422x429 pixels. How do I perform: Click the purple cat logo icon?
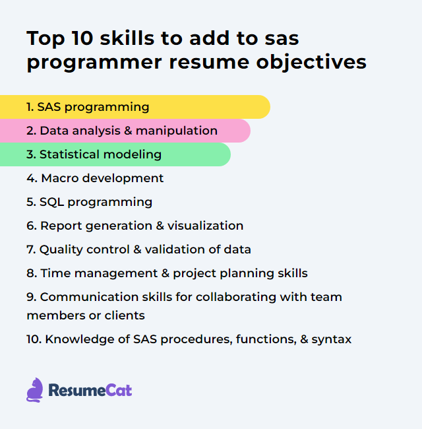(35, 390)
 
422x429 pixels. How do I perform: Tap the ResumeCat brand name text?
(90, 390)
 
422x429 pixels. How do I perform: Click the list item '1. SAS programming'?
(88, 107)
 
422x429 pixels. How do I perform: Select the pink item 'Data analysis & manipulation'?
(122, 131)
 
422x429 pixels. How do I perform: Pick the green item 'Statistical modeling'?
(94, 154)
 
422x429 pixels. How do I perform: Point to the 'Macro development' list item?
(95, 178)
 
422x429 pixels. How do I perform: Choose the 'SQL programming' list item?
(89, 202)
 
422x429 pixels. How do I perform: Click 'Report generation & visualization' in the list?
(135, 226)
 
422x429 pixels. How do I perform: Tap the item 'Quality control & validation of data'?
(138, 249)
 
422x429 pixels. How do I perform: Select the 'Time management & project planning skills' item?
(167, 273)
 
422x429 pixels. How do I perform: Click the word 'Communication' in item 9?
(84, 297)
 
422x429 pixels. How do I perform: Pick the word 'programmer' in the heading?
(92, 62)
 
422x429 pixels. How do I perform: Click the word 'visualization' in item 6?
(205, 226)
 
